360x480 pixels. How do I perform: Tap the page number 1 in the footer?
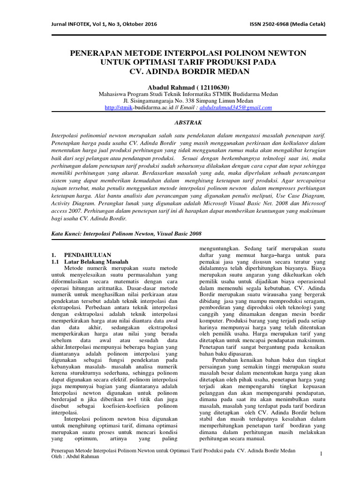point(322,454)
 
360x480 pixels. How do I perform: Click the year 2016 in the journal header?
point(151,24)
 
